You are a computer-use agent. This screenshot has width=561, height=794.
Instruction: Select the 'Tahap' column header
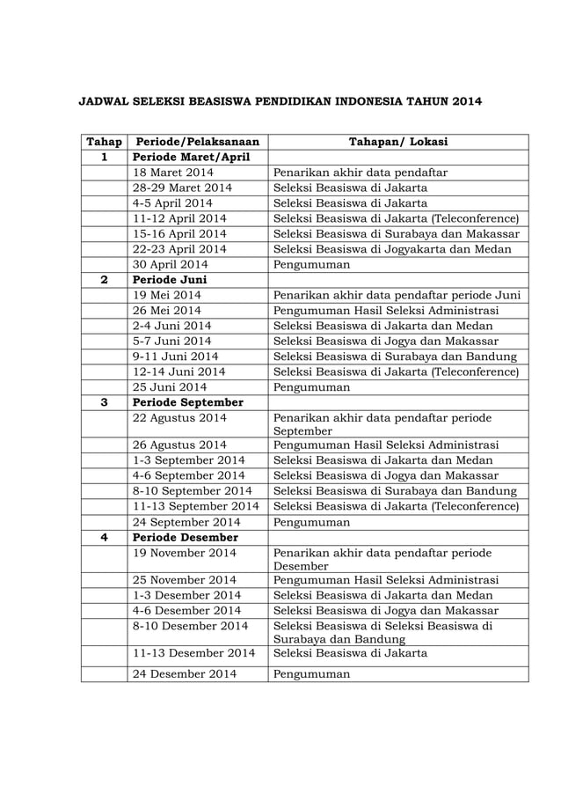pyautogui.click(x=104, y=141)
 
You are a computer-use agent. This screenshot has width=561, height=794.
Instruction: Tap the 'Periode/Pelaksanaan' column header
pyautogui.click(x=196, y=141)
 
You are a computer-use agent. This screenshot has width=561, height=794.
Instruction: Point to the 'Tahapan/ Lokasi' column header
pyautogui.click(x=397, y=141)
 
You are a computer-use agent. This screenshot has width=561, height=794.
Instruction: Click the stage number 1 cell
pyautogui.click(x=104, y=157)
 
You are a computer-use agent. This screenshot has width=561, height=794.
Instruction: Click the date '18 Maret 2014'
pyautogui.click(x=172, y=173)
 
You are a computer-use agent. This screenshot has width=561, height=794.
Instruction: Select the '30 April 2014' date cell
pyautogui.click(x=170, y=264)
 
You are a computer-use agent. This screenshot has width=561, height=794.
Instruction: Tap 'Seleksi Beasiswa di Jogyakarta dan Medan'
pyautogui.click(x=395, y=248)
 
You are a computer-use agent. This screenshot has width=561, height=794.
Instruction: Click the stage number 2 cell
pyautogui.click(x=104, y=280)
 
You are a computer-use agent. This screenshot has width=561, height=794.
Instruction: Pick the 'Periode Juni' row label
pyautogui.click(x=170, y=280)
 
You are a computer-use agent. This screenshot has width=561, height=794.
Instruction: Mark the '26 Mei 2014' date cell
pyautogui.click(x=166, y=310)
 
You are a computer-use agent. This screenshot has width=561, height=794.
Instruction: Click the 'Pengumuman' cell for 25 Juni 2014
pyautogui.click(x=311, y=386)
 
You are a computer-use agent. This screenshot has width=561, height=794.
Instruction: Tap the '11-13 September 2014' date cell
pyautogui.click(x=195, y=506)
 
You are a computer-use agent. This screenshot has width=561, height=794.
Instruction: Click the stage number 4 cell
pyautogui.click(x=104, y=537)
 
